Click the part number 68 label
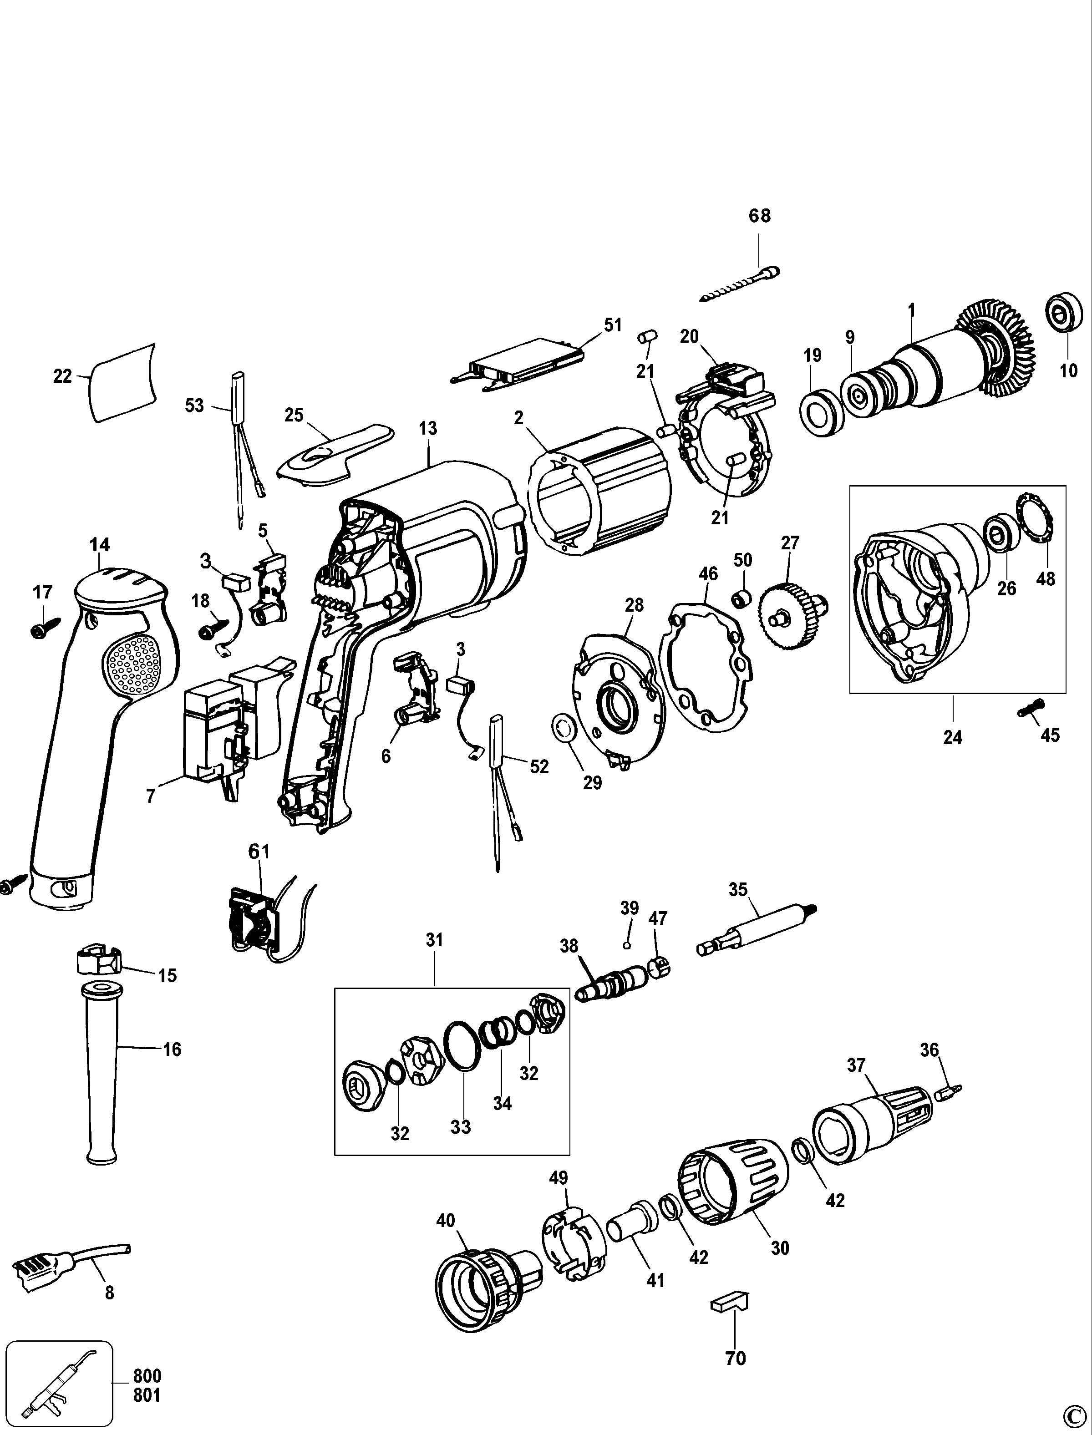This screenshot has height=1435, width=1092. (x=759, y=216)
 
